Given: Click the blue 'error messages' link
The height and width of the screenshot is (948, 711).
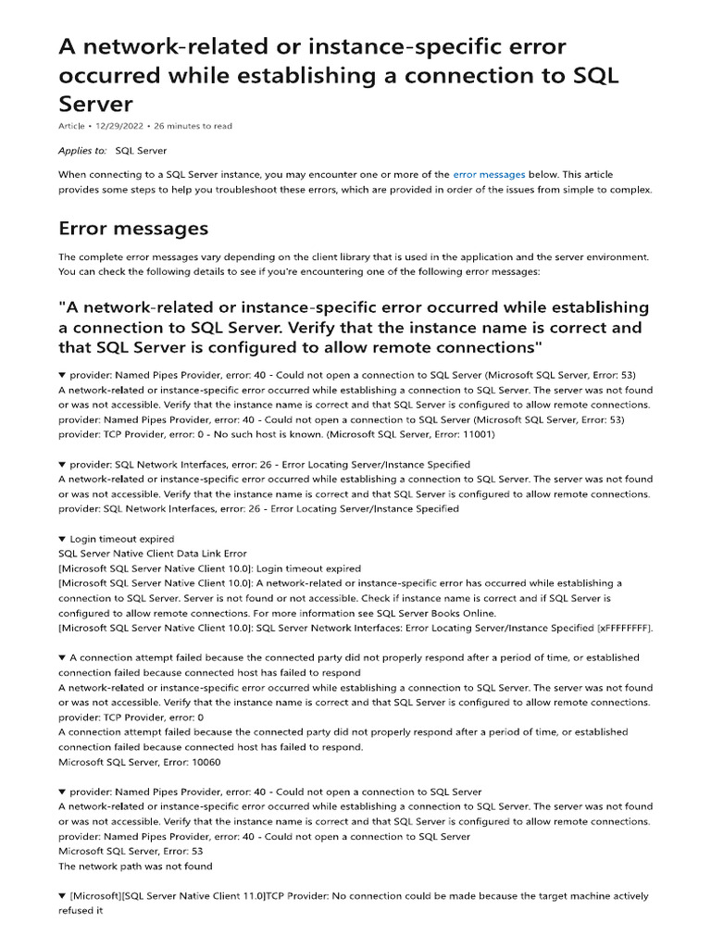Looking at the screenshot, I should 489,174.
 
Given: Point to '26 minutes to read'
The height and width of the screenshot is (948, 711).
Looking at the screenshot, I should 193,126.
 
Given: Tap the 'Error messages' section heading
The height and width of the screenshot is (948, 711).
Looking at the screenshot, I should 133,228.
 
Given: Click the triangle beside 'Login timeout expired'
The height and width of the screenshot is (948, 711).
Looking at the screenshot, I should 62,539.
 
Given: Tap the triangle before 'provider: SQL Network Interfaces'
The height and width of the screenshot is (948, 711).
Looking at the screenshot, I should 62,464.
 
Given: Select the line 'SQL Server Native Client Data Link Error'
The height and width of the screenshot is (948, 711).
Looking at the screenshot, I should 153,554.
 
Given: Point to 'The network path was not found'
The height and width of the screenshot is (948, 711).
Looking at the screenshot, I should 135,867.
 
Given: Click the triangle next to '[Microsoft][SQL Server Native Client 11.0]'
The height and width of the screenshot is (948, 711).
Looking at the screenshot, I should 62,896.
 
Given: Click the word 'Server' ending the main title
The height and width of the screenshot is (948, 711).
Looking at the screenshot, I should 96,104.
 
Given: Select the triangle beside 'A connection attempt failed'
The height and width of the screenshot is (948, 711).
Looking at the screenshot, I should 62,657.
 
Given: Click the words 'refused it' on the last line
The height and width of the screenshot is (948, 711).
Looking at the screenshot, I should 80,911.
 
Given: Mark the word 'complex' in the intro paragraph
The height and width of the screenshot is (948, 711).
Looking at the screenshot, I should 634,189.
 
